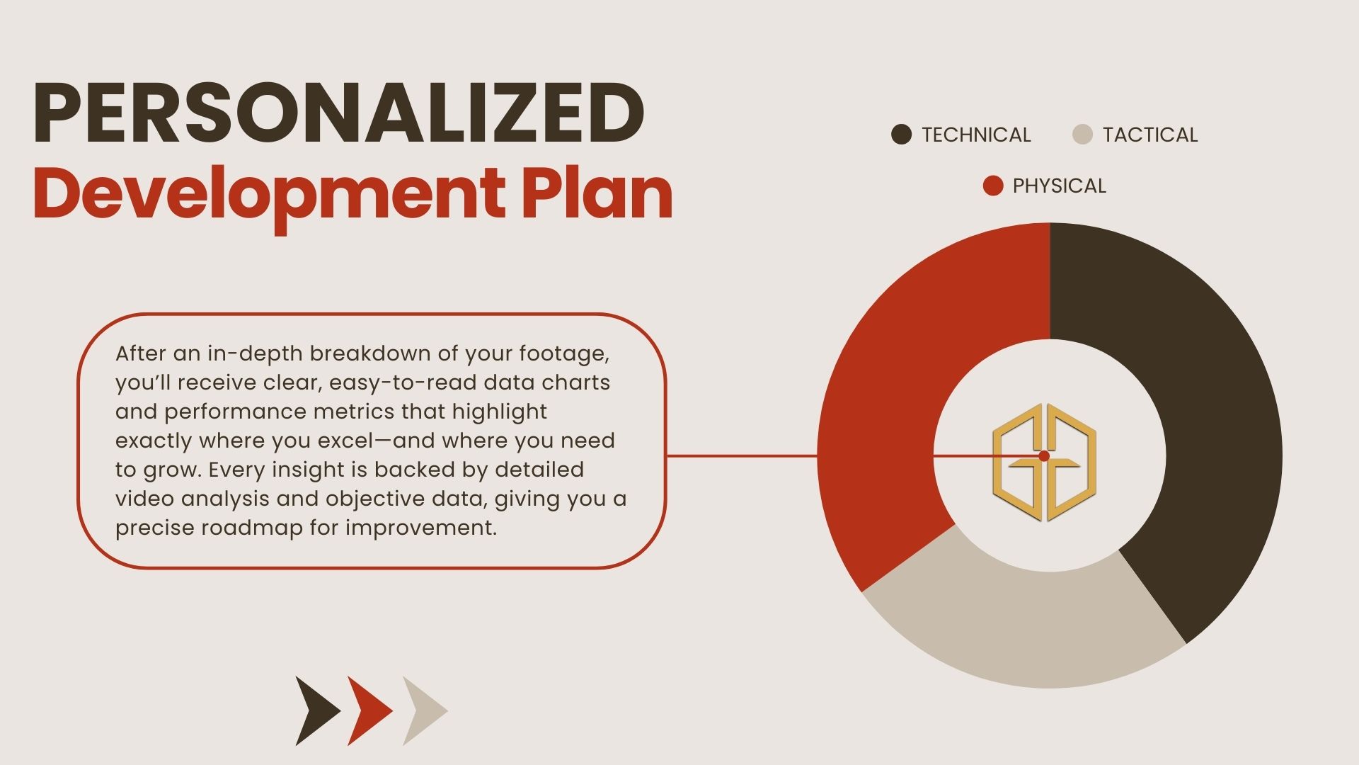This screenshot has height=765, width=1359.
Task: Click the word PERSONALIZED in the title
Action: (x=338, y=113)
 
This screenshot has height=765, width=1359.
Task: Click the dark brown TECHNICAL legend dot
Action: (x=901, y=135)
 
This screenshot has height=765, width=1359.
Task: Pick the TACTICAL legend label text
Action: (x=1150, y=135)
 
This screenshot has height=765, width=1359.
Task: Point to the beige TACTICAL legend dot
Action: (x=1083, y=135)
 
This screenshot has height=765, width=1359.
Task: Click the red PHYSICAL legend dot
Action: (x=993, y=186)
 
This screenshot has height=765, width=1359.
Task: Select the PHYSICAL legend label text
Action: (x=1059, y=186)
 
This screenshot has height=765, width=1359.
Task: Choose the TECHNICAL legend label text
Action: (x=976, y=135)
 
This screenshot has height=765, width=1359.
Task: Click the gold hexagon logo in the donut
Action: (x=1044, y=462)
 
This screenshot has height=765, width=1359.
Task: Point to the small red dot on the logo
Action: (x=1043, y=456)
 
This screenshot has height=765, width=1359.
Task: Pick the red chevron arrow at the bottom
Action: (x=369, y=710)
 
